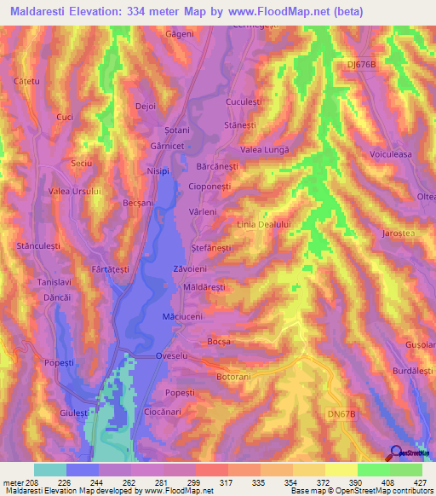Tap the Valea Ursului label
pos(75,191)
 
